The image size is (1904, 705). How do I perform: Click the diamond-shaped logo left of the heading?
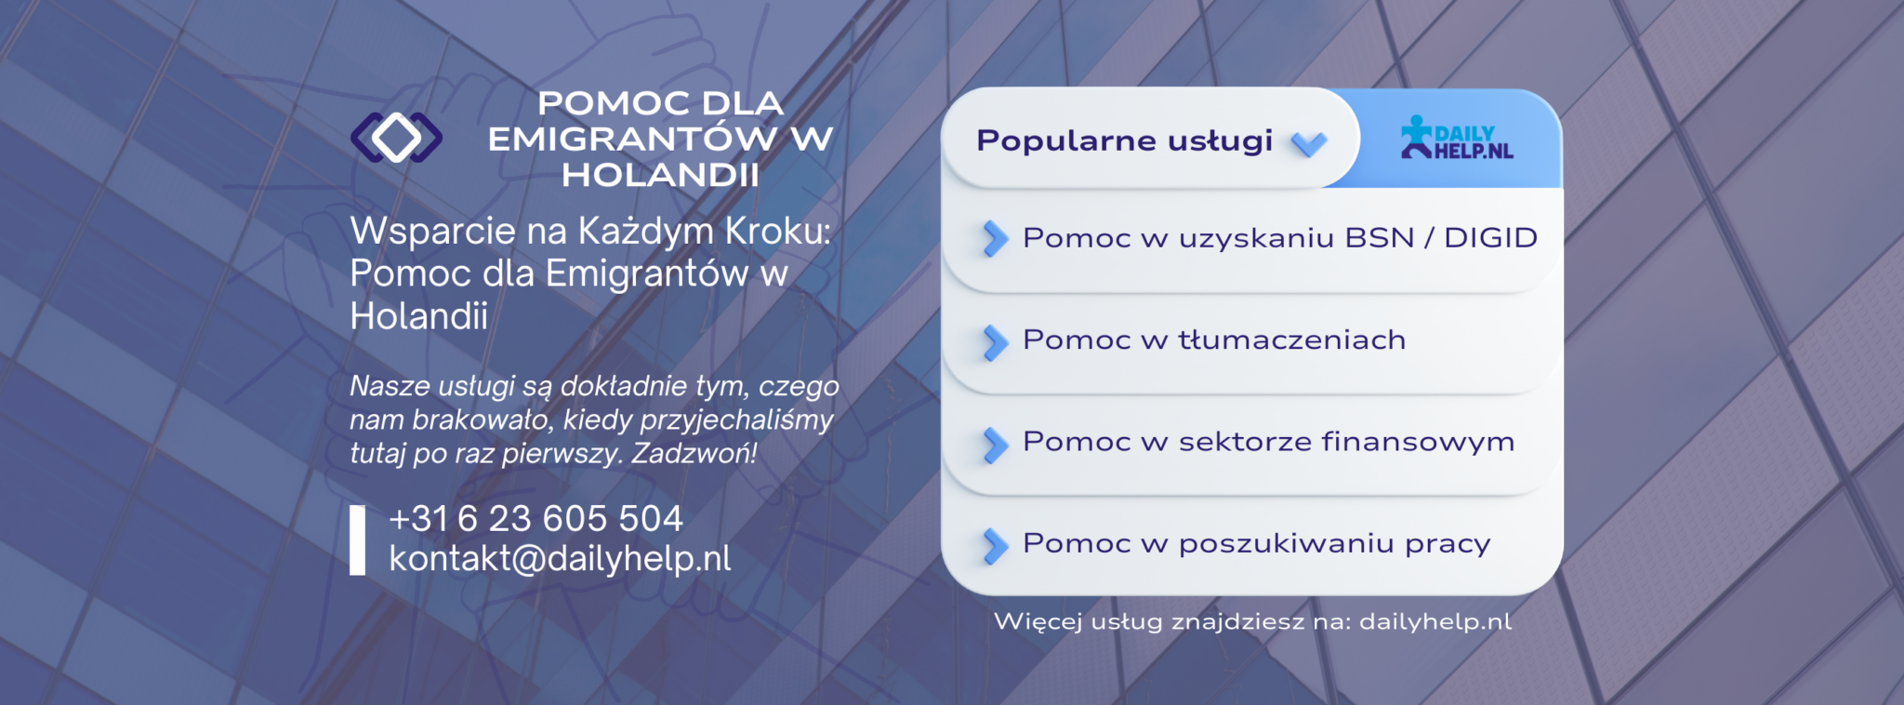coord(396,138)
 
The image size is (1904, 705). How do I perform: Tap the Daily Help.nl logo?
coord(1457,138)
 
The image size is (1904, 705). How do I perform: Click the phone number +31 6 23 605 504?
coord(535,518)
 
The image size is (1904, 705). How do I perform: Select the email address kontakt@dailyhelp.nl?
coord(560,558)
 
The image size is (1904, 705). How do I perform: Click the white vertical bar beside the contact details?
coord(357,539)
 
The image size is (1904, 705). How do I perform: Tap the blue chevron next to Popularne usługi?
coord(1309,143)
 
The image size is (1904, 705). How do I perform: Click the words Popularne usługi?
coord(1124,140)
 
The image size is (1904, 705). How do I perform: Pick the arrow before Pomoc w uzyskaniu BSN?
coord(995,239)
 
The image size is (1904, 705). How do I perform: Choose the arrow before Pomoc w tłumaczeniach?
coord(995,342)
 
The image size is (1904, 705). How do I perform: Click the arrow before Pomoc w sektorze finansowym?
coord(995,445)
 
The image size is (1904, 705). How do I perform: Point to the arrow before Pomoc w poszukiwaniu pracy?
coord(995,546)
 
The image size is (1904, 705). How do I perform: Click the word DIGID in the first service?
coord(1490,238)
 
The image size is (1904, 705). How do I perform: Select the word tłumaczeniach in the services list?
coord(1292,339)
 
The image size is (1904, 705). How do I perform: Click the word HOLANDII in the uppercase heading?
coord(660,175)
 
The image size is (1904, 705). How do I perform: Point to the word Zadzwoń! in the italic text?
coord(694,454)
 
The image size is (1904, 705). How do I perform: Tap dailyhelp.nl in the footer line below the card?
coord(1435,621)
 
